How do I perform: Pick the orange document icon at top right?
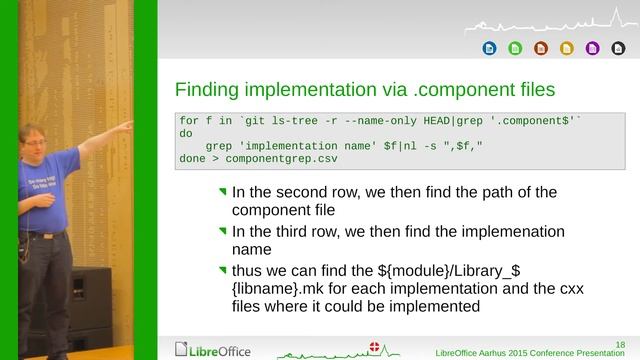[x=541, y=47]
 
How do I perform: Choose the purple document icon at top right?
[x=592, y=47]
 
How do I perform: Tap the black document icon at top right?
[x=617, y=47]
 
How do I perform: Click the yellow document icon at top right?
[x=567, y=47]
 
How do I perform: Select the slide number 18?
[x=620, y=343]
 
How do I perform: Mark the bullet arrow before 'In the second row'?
[x=223, y=190]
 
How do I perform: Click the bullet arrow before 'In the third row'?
[x=223, y=230]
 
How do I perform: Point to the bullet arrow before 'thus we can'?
[x=223, y=269]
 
